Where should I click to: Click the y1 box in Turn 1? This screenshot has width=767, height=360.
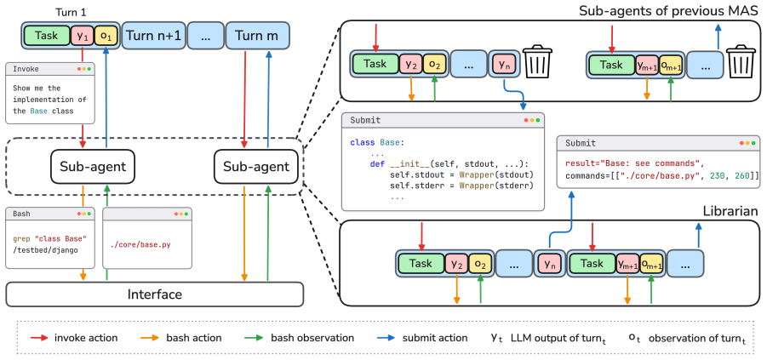click(x=82, y=36)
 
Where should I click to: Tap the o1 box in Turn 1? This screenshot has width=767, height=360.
click(x=106, y=36)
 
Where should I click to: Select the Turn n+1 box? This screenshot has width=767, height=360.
click(x=153, y=36)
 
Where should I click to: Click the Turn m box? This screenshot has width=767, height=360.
click(x=257, y=36)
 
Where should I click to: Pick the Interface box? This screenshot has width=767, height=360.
click(x=155, y=294)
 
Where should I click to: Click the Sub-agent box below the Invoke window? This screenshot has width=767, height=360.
click(x=93, y=167)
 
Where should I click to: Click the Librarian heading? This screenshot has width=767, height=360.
click(x=730, y=211)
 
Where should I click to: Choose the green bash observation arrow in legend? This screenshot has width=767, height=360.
click(x=254, y=338)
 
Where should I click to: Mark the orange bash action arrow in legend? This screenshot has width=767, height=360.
click(x=149, y=338)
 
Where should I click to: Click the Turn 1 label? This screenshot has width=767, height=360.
click(x=71, y=12)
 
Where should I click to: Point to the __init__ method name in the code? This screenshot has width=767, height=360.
click(x=402, y=164)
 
